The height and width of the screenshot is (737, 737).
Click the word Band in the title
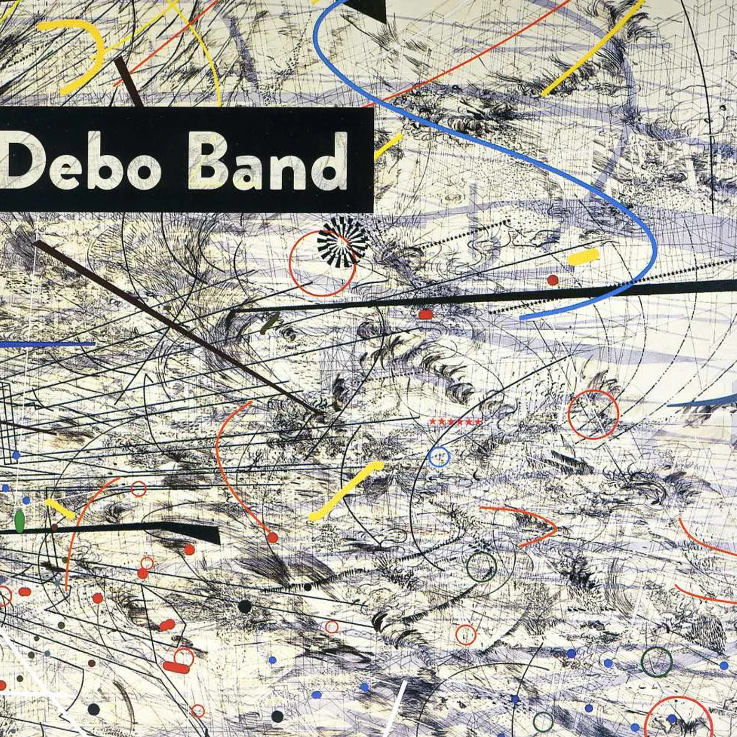267,161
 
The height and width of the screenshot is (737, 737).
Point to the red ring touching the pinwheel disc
322,263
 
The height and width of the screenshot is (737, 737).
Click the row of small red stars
455,422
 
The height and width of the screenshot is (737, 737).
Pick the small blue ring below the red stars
439,457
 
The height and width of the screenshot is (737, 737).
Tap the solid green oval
20,521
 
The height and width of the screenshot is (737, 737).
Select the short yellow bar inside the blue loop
583,257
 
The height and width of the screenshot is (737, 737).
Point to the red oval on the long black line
425,314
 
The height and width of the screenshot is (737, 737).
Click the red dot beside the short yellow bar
552,280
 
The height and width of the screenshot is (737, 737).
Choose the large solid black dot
245,606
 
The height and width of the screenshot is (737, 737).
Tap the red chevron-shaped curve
526,524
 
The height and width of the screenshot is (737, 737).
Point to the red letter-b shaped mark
178,662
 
